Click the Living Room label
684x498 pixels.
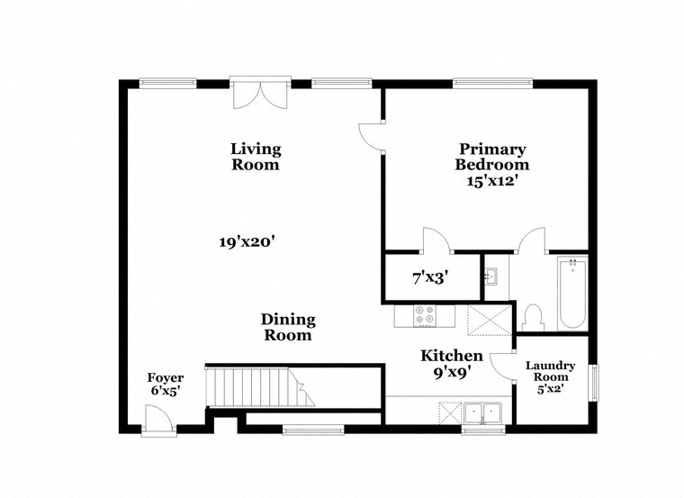click(256, 157)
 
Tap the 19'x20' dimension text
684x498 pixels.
click(246, 241)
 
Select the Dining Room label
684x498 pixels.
click(287, 327)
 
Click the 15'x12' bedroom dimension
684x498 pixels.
click(491, 181)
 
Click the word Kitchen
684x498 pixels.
click(452, 356)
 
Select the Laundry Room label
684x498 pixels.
click(550, 372)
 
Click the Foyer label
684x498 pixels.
click(166, 377)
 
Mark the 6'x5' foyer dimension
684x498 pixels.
click(166, 392)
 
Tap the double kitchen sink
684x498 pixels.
click(483, 412)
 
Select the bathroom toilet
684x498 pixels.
click(532, 317)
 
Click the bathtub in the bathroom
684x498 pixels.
click(571, 294)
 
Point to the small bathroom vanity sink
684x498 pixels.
click(491, 275)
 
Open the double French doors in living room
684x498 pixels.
click(258, 94)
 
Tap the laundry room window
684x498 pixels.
click(592, 381)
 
